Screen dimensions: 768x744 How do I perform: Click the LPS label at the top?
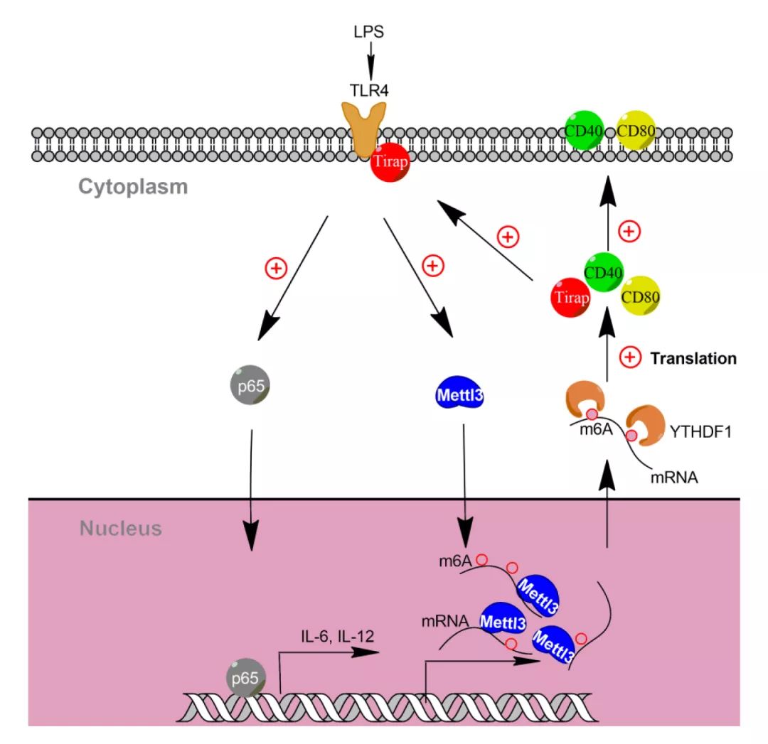[x=369, y=32]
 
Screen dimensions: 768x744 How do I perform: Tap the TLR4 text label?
[x=369, y=90]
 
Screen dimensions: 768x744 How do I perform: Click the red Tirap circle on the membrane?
[x=390, y=162]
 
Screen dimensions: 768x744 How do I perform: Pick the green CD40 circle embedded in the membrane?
[x=584, y=131]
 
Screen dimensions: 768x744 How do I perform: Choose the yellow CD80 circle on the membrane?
[x=636, y=131]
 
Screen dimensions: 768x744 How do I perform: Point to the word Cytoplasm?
[x=133, y=186]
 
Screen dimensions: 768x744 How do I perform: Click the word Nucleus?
[x=120, y=529]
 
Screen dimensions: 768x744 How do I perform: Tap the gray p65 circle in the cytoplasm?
[x=250, y=385]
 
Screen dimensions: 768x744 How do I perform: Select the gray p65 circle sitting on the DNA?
[x=246, y=677]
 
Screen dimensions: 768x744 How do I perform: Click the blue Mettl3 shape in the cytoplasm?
[x=459, y=393]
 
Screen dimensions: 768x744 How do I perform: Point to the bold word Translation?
[x=693, y=358]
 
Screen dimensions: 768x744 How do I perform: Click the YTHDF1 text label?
[x=700, y=432]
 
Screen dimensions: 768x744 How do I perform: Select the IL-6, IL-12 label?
[x=338, y=636]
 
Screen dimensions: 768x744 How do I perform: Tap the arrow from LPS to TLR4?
[x=370, y=60]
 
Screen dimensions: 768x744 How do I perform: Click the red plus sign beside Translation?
[x=630, y=357]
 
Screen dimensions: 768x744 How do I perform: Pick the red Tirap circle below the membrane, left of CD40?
[x=571, y=298]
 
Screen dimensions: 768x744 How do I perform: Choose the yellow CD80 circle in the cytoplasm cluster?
[x=640, y=296]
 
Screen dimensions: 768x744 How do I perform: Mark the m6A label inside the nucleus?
[x=455, y=561]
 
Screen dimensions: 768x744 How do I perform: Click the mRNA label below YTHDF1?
[x=674, y=478]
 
